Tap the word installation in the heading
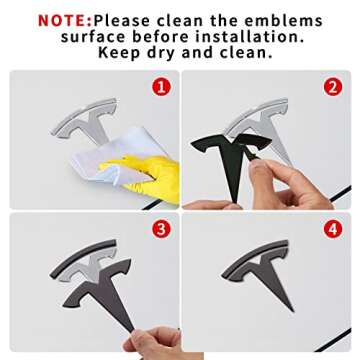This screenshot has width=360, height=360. (250, 37)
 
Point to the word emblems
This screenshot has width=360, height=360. (283, 21)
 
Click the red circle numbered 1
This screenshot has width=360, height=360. (161, 87)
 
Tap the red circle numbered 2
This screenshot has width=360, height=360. (333, 87)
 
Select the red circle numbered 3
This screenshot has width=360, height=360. (161, 230)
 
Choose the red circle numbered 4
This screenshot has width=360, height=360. (333, 230)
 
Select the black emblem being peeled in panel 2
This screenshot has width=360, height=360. (230, 157)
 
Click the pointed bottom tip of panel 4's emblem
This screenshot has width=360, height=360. (292, 310)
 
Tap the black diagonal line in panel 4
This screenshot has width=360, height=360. (333, 340)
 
